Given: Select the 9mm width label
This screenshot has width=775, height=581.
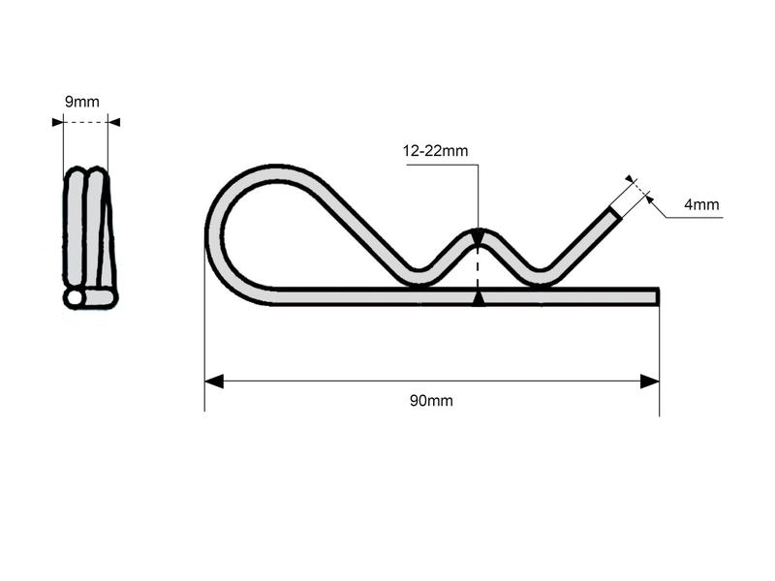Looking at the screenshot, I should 81,102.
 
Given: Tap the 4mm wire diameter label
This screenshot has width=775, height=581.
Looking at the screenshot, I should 700,204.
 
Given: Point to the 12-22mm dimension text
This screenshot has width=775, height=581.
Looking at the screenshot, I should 435,150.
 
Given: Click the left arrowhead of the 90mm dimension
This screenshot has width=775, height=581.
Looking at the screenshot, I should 214,382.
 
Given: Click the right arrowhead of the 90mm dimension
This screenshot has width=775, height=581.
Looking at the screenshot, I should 650,382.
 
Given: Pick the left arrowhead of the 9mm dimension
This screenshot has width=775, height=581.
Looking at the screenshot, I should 57,122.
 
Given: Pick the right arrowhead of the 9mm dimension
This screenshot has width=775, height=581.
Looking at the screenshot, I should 113,122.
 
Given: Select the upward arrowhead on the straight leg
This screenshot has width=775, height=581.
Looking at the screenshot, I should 478,299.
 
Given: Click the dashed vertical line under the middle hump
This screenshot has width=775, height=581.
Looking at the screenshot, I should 478,266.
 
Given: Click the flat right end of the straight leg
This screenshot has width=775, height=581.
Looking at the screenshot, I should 658,296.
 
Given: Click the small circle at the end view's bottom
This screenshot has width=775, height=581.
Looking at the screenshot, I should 74,298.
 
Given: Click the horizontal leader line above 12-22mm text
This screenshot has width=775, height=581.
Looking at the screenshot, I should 442,165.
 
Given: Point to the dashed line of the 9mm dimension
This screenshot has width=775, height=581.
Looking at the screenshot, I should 85,122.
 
